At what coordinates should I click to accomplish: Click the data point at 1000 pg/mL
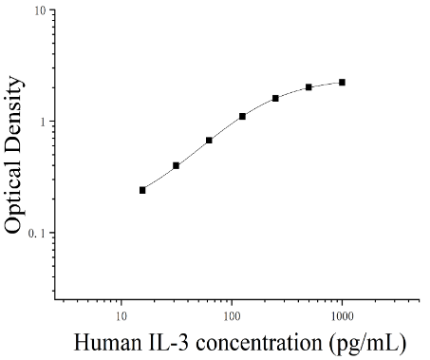click(342, 83)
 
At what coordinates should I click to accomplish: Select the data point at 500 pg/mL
click(308, 87)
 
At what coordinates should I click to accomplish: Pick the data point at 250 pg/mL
click(275, 98)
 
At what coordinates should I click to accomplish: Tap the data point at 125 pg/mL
click(242, 117)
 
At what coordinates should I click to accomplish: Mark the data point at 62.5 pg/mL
click(209, 141)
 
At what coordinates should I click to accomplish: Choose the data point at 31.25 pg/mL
click(176, 165)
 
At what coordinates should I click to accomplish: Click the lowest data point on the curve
click(142, 190)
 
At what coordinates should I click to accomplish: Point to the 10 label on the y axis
click(40, 10)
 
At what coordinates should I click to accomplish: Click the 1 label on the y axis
click(43, 122)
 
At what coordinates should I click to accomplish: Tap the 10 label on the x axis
click(122, 316)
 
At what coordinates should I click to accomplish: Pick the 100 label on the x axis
click(232, 316)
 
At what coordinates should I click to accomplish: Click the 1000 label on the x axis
click(343, 316)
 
